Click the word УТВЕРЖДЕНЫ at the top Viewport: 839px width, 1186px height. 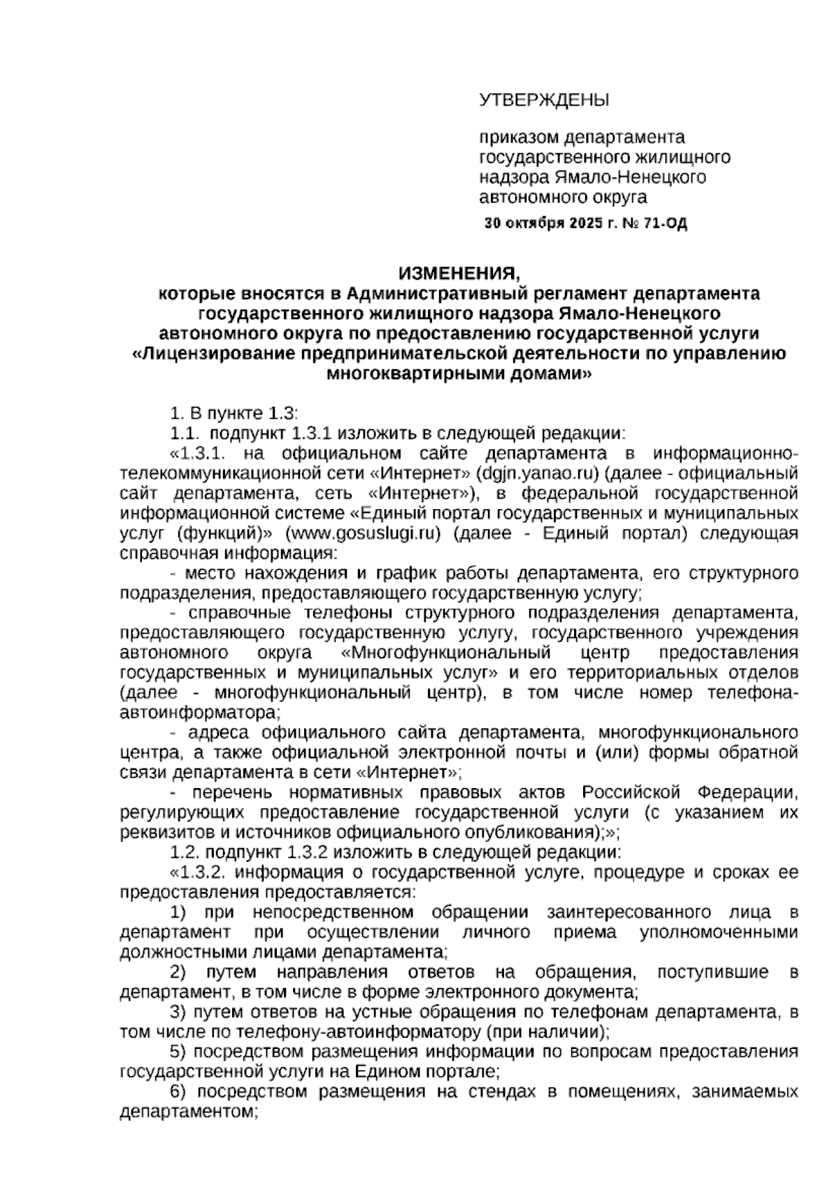pos(544,101)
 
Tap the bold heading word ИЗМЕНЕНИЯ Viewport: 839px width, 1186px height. pos(459,273)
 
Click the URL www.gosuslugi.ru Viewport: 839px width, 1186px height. pos(362,534)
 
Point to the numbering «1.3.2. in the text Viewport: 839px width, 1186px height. pos(199,873)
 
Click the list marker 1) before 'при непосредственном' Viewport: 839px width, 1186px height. pos(179,913)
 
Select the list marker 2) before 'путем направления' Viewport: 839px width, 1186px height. pos(179,973)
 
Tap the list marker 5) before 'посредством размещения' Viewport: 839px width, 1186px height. pos(179,1052)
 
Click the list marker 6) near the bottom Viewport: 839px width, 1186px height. pos(179,1092)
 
